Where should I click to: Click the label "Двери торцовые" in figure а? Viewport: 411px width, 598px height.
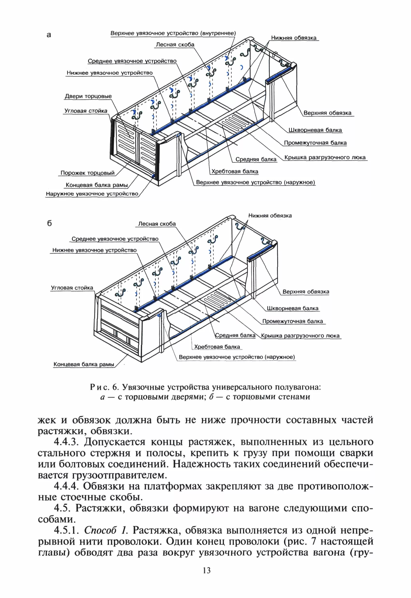point(88,96)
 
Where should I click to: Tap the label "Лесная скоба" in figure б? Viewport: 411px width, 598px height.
point(157,224)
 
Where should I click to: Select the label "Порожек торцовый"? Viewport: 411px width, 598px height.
point(87,173)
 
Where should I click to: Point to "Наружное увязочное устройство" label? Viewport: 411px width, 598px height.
point(92,194)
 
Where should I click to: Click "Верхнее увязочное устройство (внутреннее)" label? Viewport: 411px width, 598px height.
point(173,33)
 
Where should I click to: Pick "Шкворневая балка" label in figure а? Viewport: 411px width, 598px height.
point(315,130)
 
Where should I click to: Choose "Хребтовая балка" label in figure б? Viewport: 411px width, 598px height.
point(217,347)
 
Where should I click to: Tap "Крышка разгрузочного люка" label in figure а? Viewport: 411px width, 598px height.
point(325,157)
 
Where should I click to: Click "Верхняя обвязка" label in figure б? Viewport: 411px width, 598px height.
point(306,292)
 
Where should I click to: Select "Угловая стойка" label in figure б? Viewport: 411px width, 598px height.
point(72,288)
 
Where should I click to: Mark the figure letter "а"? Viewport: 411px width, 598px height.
point(49,35)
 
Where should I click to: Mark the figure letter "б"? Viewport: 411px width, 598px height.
point(50,223)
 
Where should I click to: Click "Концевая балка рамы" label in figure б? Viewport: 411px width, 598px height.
point(84,364)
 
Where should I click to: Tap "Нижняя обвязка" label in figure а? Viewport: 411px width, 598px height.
point(293,38)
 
